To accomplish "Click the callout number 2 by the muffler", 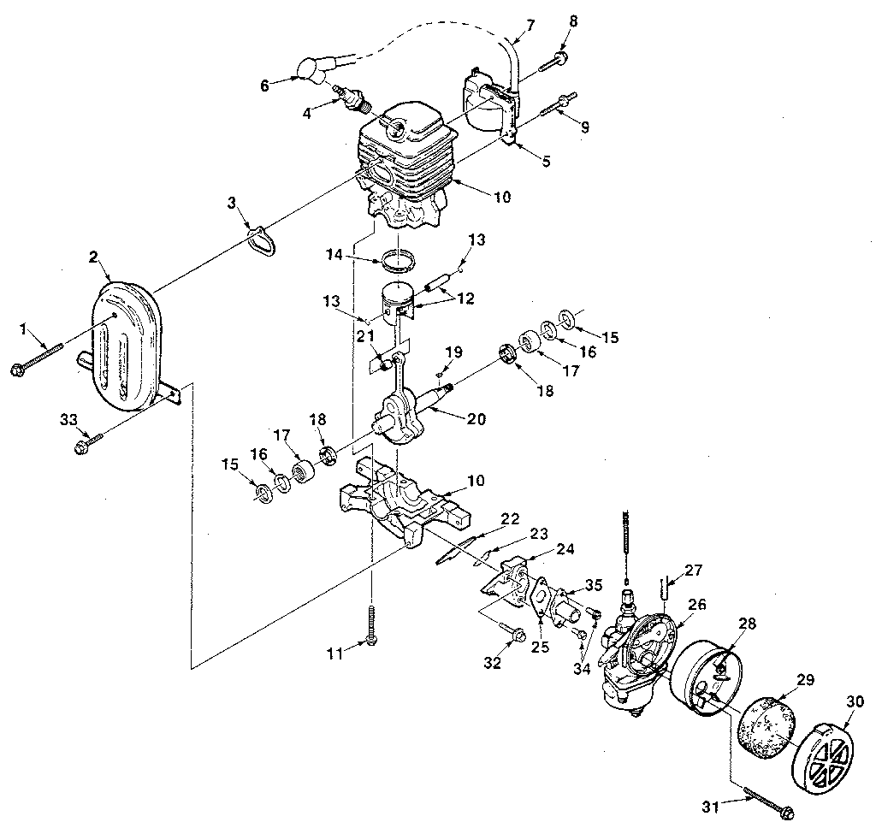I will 93,257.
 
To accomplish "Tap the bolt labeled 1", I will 38,358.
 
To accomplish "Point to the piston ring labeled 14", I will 396,257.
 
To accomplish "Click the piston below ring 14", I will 397,300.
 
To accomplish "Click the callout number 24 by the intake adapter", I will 565,550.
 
